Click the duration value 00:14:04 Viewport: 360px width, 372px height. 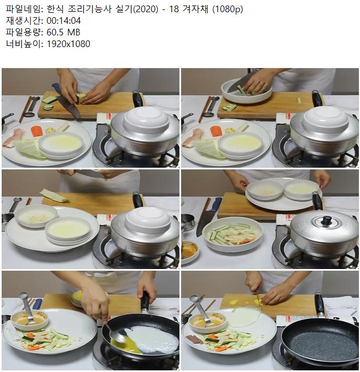pyautogui.click(x=64, y=21)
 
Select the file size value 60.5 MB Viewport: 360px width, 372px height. pyautogui.click(x=63, y=32)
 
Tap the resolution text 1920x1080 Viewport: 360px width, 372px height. pyautogui.click(x=68, y=44)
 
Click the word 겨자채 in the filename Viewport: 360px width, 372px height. pyautogui.click(x=196, y=9)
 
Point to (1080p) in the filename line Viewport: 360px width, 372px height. pyautogui.click(x=228, y=9)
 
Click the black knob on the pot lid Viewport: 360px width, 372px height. pyautogui.click(x=327, y=220)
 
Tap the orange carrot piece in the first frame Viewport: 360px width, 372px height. pyautogui.click(x=37, y=131)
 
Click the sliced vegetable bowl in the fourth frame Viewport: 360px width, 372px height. pyautogui.click(x=233, y=236)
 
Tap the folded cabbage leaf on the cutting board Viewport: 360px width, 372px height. pyautogui.click(x=54, y=195)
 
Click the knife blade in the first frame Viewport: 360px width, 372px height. pyautogui.click(x=68, y=106)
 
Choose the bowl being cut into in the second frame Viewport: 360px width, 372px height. pyautogui.click(x=246, y=90)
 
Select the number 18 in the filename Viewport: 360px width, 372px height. pyautogui.click(x=174, y=9)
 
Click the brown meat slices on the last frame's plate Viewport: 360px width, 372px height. pyautogui.click(x=194, y=339)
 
